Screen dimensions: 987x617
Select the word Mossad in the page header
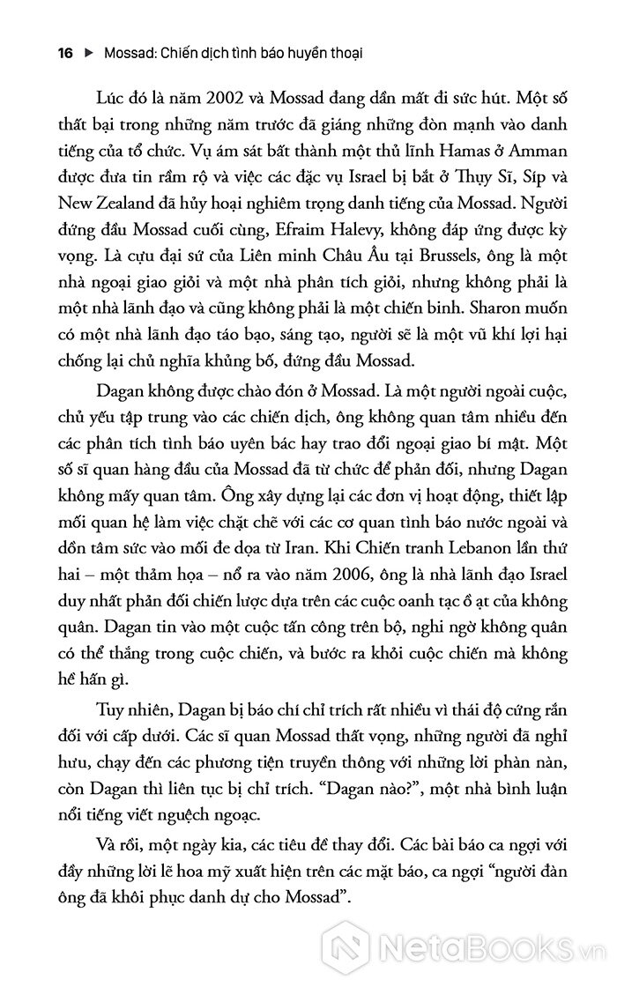[130, 53]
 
